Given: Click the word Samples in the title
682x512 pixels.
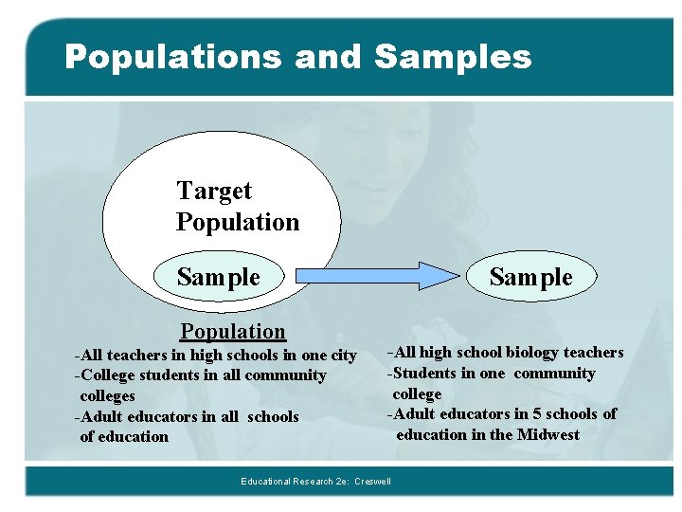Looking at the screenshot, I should [453, 58].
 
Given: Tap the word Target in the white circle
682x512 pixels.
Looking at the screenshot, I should [214, 191].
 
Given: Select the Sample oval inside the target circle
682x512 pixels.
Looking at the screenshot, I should [219, 277].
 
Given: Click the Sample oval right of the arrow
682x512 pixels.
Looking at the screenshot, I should [530, 277].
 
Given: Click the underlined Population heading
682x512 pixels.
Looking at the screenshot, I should [233, 331].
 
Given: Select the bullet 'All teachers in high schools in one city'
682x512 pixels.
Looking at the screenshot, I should [217, 355].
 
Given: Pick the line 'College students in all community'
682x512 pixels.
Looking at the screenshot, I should [202, 375].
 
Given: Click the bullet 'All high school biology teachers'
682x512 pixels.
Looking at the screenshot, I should [506, 353].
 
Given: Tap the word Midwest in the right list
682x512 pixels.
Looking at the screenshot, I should [547, 434].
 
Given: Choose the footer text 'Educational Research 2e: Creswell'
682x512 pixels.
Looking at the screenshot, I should [315, 482].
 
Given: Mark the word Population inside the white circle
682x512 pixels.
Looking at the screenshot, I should [238, 222].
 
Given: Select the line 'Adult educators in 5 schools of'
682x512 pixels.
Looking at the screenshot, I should [502, 413].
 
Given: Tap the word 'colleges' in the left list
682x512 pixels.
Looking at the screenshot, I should [107, 395].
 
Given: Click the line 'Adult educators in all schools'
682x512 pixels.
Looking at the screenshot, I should [188, 416].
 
